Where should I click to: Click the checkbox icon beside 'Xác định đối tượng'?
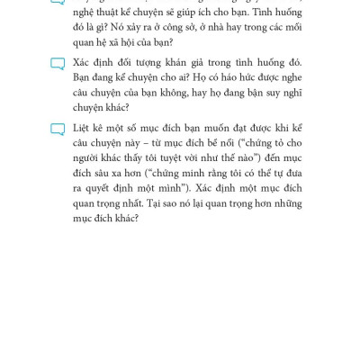(58, 64)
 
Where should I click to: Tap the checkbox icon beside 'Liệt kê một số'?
(58, 130)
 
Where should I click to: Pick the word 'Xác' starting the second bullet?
(83, 63)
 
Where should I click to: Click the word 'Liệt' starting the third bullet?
(83, 130)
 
